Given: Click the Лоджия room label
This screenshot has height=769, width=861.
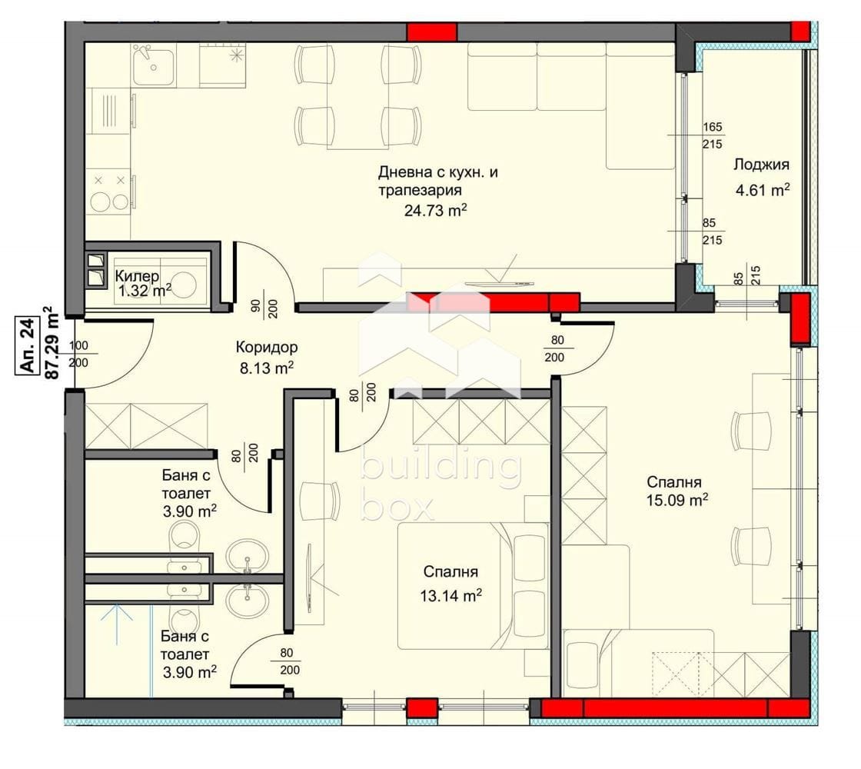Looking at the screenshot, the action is (x=762, y=165).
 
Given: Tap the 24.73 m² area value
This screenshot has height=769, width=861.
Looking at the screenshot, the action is (x=436, y=210).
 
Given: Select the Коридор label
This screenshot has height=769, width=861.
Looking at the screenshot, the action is (x=267, y=347).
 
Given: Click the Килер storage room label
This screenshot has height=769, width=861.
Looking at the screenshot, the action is (x=138, y=276).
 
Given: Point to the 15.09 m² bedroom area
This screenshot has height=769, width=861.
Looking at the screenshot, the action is (x=677, y=501).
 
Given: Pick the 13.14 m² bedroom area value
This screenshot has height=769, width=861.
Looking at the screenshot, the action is (x=450, y=595).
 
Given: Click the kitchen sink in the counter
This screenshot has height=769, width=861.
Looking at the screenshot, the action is (x=154, y=65).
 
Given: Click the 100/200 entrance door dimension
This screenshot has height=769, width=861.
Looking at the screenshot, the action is (x=78, y=355).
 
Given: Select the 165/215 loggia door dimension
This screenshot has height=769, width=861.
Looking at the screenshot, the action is (x=712, y=135).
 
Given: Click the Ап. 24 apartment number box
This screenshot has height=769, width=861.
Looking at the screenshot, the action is (x=27, y=347).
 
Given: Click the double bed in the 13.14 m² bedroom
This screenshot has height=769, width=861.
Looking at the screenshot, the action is (x=473, y=585).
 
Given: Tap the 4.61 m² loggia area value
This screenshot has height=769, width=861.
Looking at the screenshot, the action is (x=762, y=191).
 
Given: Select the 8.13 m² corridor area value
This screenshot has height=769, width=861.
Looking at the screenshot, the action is (x=266, y=368).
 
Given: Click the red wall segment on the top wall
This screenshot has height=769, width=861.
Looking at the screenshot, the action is (x=431, y=32).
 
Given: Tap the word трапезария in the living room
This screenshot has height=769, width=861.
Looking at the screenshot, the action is (x=420, y=191).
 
